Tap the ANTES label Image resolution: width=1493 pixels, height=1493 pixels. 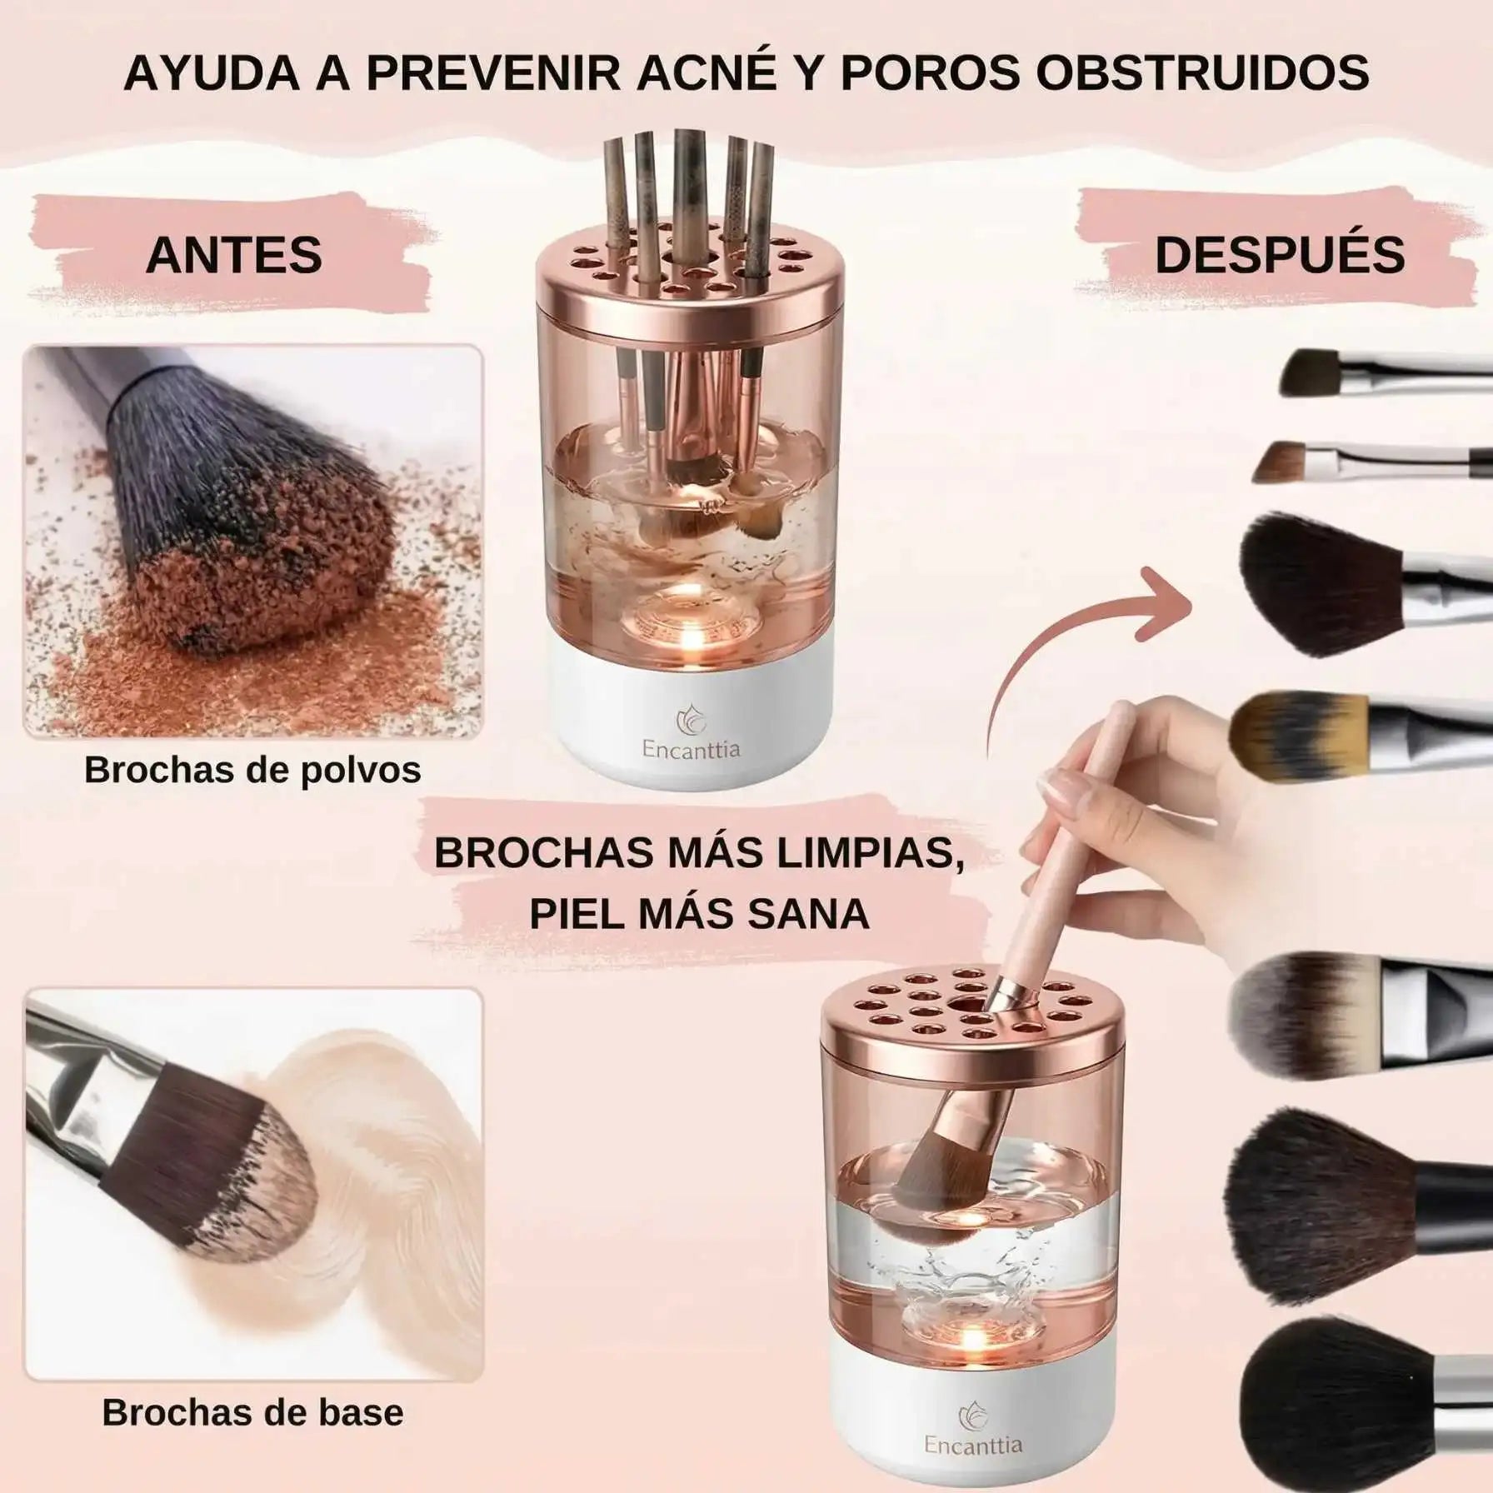pyautogui.click(x=234, y=255)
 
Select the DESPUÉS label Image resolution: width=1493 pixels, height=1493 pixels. pyautogui.click(x=1280, y=255)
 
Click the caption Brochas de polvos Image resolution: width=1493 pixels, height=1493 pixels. pyautogui.click(x=252, y=770)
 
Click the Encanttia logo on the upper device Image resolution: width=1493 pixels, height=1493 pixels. pyautogui.click(x=690, y=733)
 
